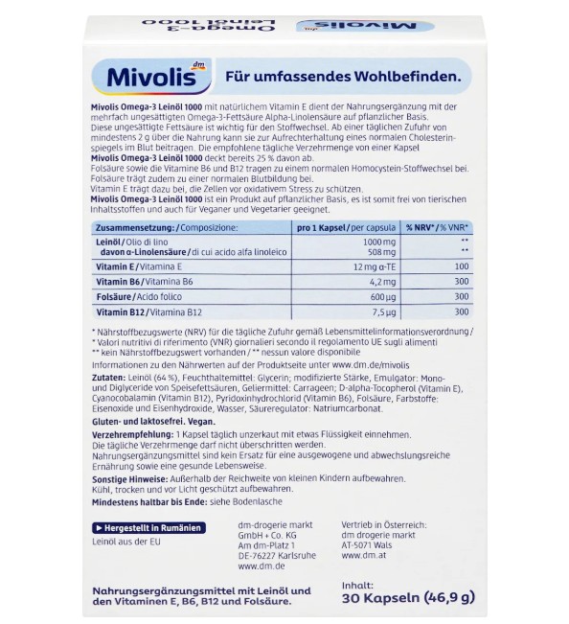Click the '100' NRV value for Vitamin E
(462, 266)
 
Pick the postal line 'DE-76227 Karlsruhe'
(277, 554)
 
